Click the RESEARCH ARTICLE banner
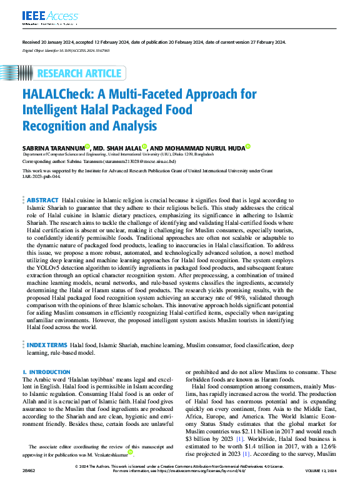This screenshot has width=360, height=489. coord(79,74)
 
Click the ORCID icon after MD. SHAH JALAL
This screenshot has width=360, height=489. coord(144,146)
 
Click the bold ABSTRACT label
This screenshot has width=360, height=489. coord(42,198)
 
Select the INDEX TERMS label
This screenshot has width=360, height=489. coord(47,344)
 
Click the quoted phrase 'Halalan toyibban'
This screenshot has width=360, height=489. coord(89,379)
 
